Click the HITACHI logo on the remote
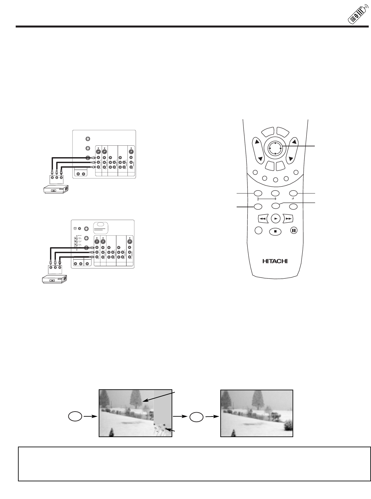tap(275, 261)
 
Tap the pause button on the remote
tap(294, 230)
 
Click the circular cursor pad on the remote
tap(275, 148)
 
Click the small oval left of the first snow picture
tap(75, 416)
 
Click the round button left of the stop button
tap(258, 230)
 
